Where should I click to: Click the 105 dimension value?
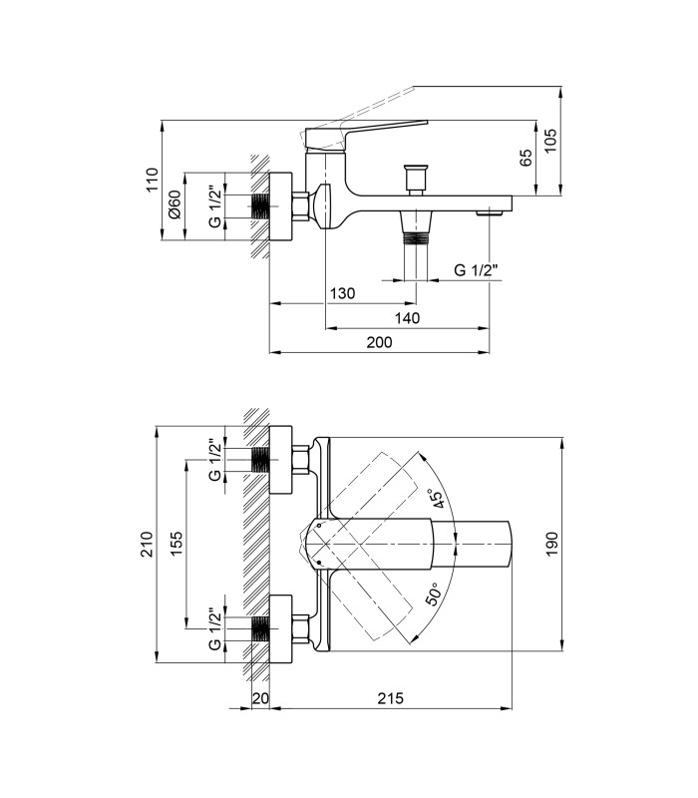[550, 141]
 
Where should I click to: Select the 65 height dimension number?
[525, 157]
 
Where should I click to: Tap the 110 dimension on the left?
[153, 180]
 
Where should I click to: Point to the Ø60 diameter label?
[174, 204]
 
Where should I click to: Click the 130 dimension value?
[343, 293]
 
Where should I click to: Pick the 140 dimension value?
[408, 318]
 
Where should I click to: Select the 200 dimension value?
[380, 342]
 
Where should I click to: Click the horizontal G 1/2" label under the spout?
[475, 269]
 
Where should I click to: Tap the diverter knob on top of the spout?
[416, 180]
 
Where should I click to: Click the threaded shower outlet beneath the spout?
[416, 237]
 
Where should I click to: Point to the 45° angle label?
[437, 499]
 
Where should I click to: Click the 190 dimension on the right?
[552, 544]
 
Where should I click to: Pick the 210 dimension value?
[147, 544]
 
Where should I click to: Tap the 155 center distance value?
[175, 544]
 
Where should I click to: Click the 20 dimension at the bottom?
[260, 698]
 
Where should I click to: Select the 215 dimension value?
[390, 698]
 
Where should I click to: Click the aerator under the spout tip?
[489, 212]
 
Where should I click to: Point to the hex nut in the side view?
[301, 206]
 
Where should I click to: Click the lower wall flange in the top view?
[280, 629]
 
